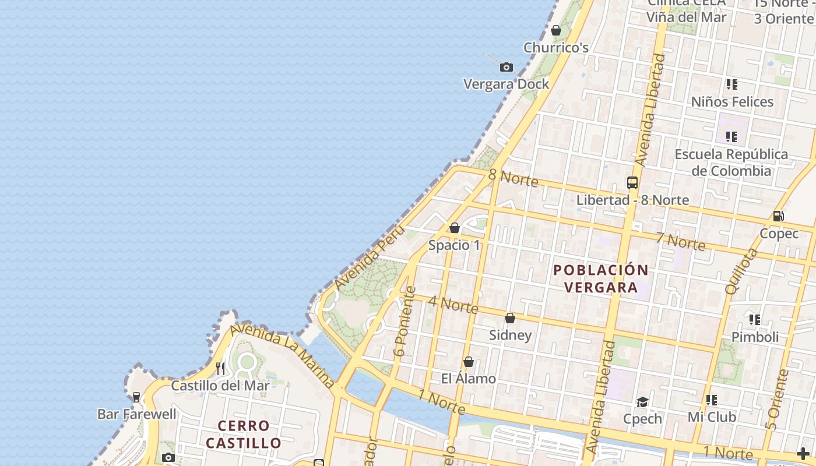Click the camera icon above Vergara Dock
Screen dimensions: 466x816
507,68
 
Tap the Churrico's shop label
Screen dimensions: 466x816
556,48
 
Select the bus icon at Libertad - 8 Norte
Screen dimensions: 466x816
632,182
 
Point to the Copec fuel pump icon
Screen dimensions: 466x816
778,216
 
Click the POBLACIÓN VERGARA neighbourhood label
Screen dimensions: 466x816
601,278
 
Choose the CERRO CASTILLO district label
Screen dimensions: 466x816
244,435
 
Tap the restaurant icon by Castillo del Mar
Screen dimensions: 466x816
220,368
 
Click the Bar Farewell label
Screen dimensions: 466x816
136,415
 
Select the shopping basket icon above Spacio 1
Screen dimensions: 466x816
455,228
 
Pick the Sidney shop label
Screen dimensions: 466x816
510,335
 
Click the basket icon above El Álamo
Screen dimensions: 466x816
468,362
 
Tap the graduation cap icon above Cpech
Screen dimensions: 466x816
642,402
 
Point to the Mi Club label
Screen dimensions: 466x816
712,417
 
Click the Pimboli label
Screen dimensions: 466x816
755,337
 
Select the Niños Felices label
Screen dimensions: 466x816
732,102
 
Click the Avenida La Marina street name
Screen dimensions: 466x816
283,355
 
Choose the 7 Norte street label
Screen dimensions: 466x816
680,241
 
